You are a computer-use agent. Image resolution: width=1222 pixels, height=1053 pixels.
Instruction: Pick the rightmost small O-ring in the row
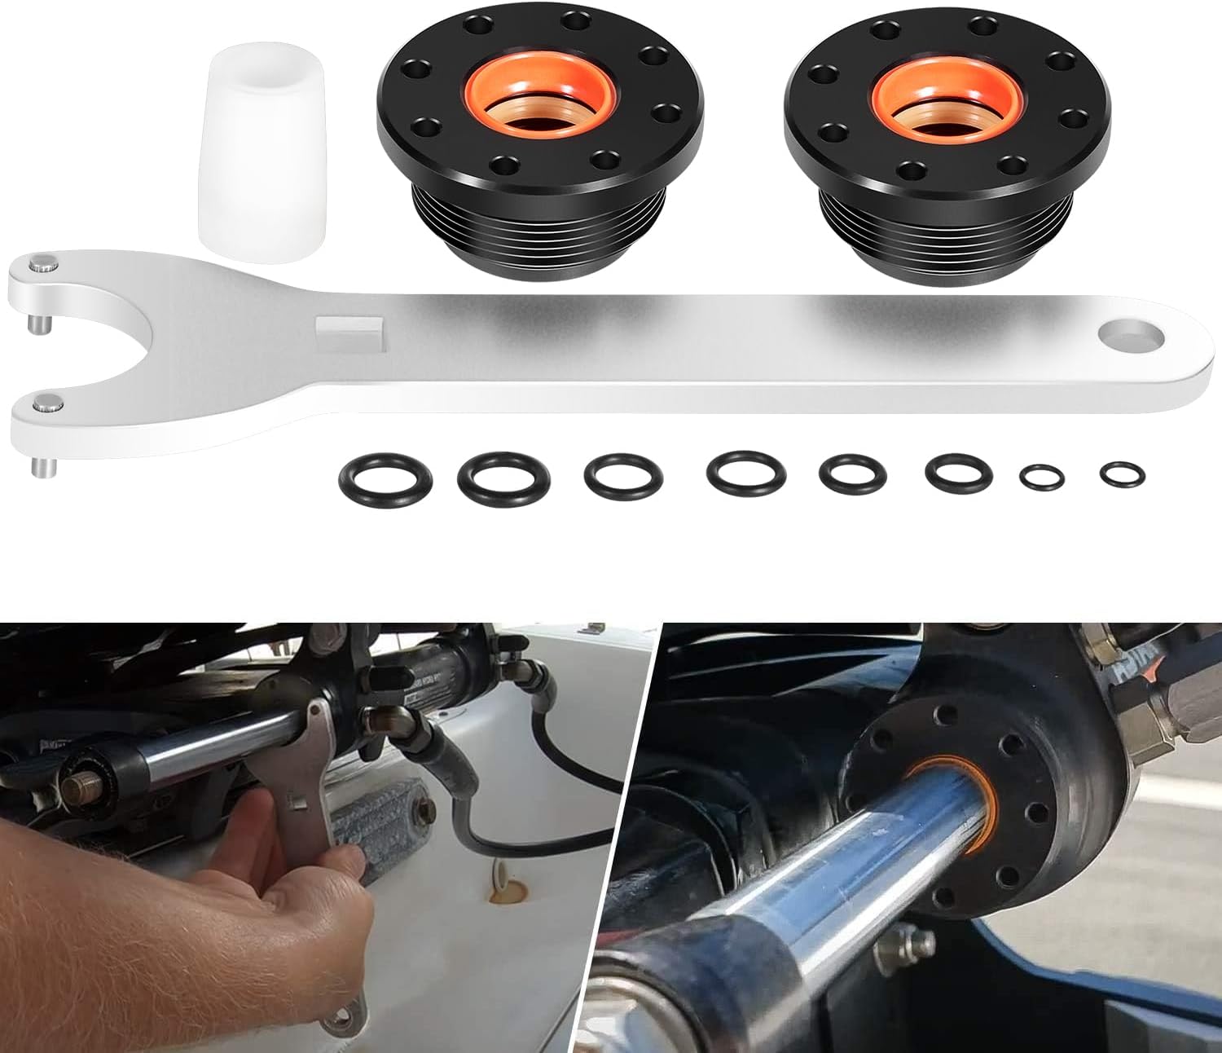[x=1122, y=474]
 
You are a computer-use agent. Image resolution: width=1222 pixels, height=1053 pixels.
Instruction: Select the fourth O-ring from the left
[x=746, y=474]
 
